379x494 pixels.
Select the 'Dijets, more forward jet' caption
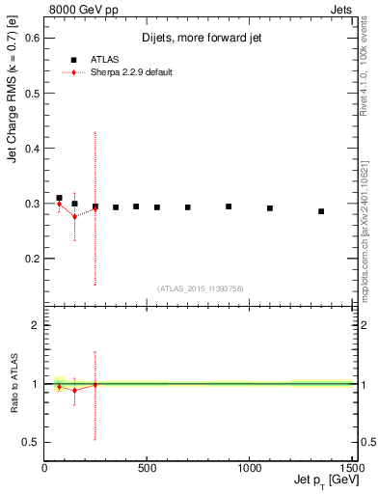[202, 38]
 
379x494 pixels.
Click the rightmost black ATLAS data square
[321, 211]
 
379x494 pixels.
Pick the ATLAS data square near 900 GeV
[229, 206]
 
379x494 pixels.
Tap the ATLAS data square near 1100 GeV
[270, 208]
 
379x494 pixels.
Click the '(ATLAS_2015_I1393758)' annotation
[199, 288]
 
